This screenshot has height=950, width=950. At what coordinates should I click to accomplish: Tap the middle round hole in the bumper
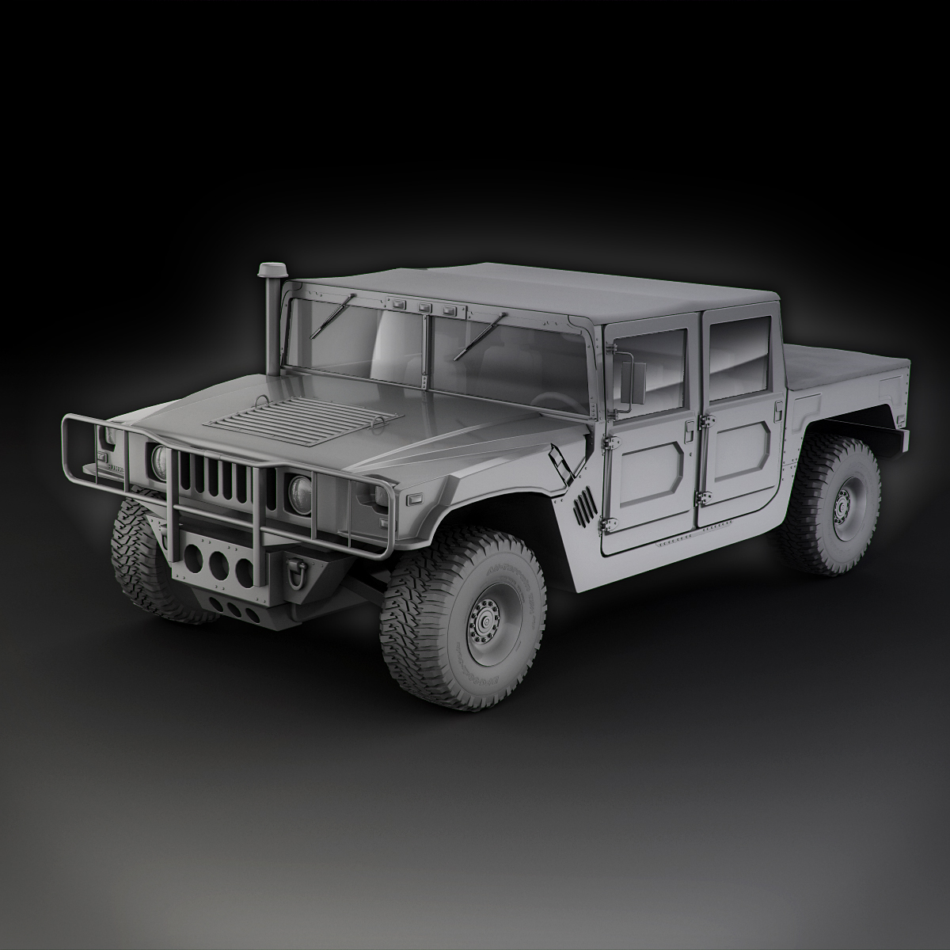pos(218,562)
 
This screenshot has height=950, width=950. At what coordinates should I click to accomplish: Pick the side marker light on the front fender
pos(413,500)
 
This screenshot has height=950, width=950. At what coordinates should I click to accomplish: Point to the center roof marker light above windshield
pos(425,306)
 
